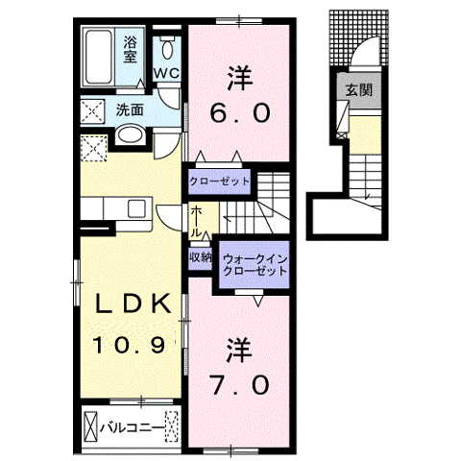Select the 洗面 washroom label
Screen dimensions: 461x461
131,109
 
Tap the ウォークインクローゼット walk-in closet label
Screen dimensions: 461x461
255,265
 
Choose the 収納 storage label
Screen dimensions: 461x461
200,256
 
